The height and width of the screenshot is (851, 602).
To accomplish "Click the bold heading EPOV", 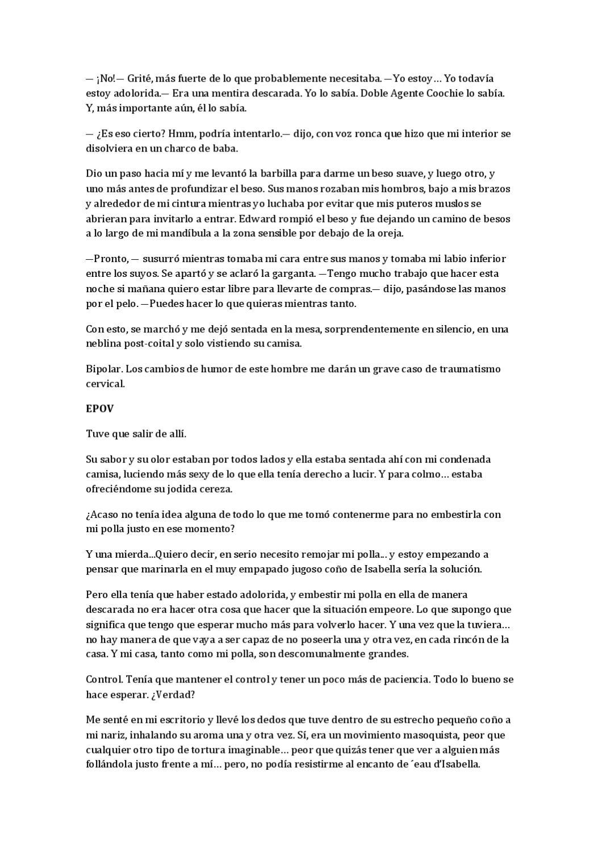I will pos(97,408).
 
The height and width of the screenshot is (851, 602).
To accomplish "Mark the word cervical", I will pos(104,384).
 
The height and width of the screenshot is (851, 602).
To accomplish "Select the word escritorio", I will pos(179,720).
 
